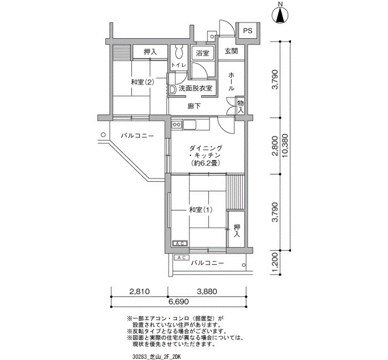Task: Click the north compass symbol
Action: pos(280,15)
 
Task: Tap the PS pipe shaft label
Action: pos(248,30)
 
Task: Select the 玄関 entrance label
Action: pos(231,51)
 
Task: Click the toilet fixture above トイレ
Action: pos(178,52)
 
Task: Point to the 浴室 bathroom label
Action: pos(203,53)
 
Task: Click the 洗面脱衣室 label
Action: pos(196,88)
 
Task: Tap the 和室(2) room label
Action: pos(142,82)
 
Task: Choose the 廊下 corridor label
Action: pos(194,106)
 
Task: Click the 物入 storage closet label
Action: pos(241,106)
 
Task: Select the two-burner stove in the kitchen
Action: pos(177,125)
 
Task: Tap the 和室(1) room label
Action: pos(201,210)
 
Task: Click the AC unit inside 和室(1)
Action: pos(180,244)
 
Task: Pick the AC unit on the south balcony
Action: pos(182,258)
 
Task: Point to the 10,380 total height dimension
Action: pos(285,146)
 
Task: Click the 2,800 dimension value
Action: pos(275,146)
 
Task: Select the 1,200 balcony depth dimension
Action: pos(275,265)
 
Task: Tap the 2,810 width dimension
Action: pos(140,291)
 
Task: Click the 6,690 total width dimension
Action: pos(178,302)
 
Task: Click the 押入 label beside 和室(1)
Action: pos(237,230)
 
